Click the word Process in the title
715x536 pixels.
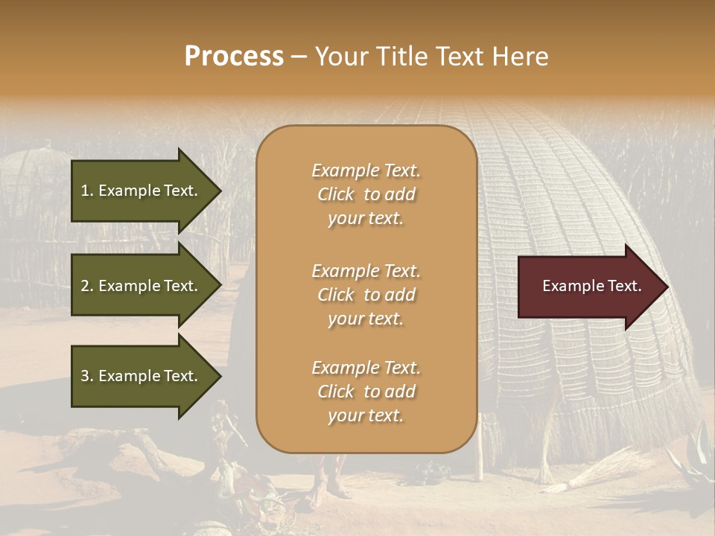pyautogui.click(x=234, y=57)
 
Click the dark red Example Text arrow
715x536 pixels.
pyautogui.click(x=588, y=286)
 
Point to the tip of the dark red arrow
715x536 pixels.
pyautogui.click(x=667, y=287)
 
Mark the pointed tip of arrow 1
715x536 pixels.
pyautogui.click(x=220, y=191)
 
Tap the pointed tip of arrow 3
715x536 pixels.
pyautogui.click(x=220, y=376)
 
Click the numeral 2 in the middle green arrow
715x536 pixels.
pyautogui.click(x=85, y=286)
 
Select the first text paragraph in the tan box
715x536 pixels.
pyautogui.click(x=366, y=194)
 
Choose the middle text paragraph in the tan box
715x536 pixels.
pyautogui.click(x=366, y=294)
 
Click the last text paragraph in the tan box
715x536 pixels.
pyautogui.click(x=366, y=392)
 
